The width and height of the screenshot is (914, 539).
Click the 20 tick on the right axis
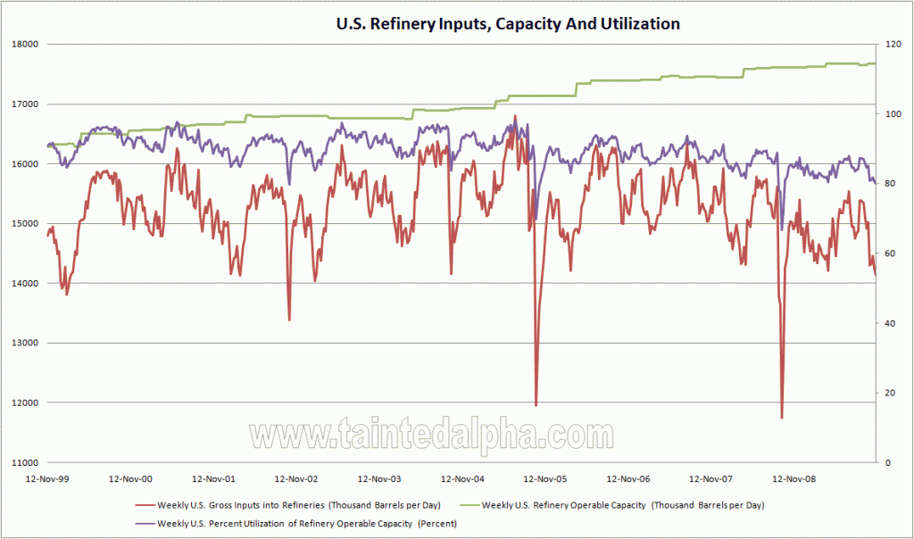pyautogui.click(x=889, y=394)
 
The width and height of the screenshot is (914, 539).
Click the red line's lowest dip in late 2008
pyautogui.click(x=781, y=417)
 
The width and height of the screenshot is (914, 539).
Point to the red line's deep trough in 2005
pyautogui.click(x=536, y=405)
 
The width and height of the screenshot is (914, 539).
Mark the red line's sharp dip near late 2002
pyautogui.click(x=289, y=319)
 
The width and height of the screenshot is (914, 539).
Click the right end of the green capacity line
pyautogui.click(x=875, y=63)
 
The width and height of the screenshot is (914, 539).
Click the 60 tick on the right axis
pyautogui.click(x=889, y=253)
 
